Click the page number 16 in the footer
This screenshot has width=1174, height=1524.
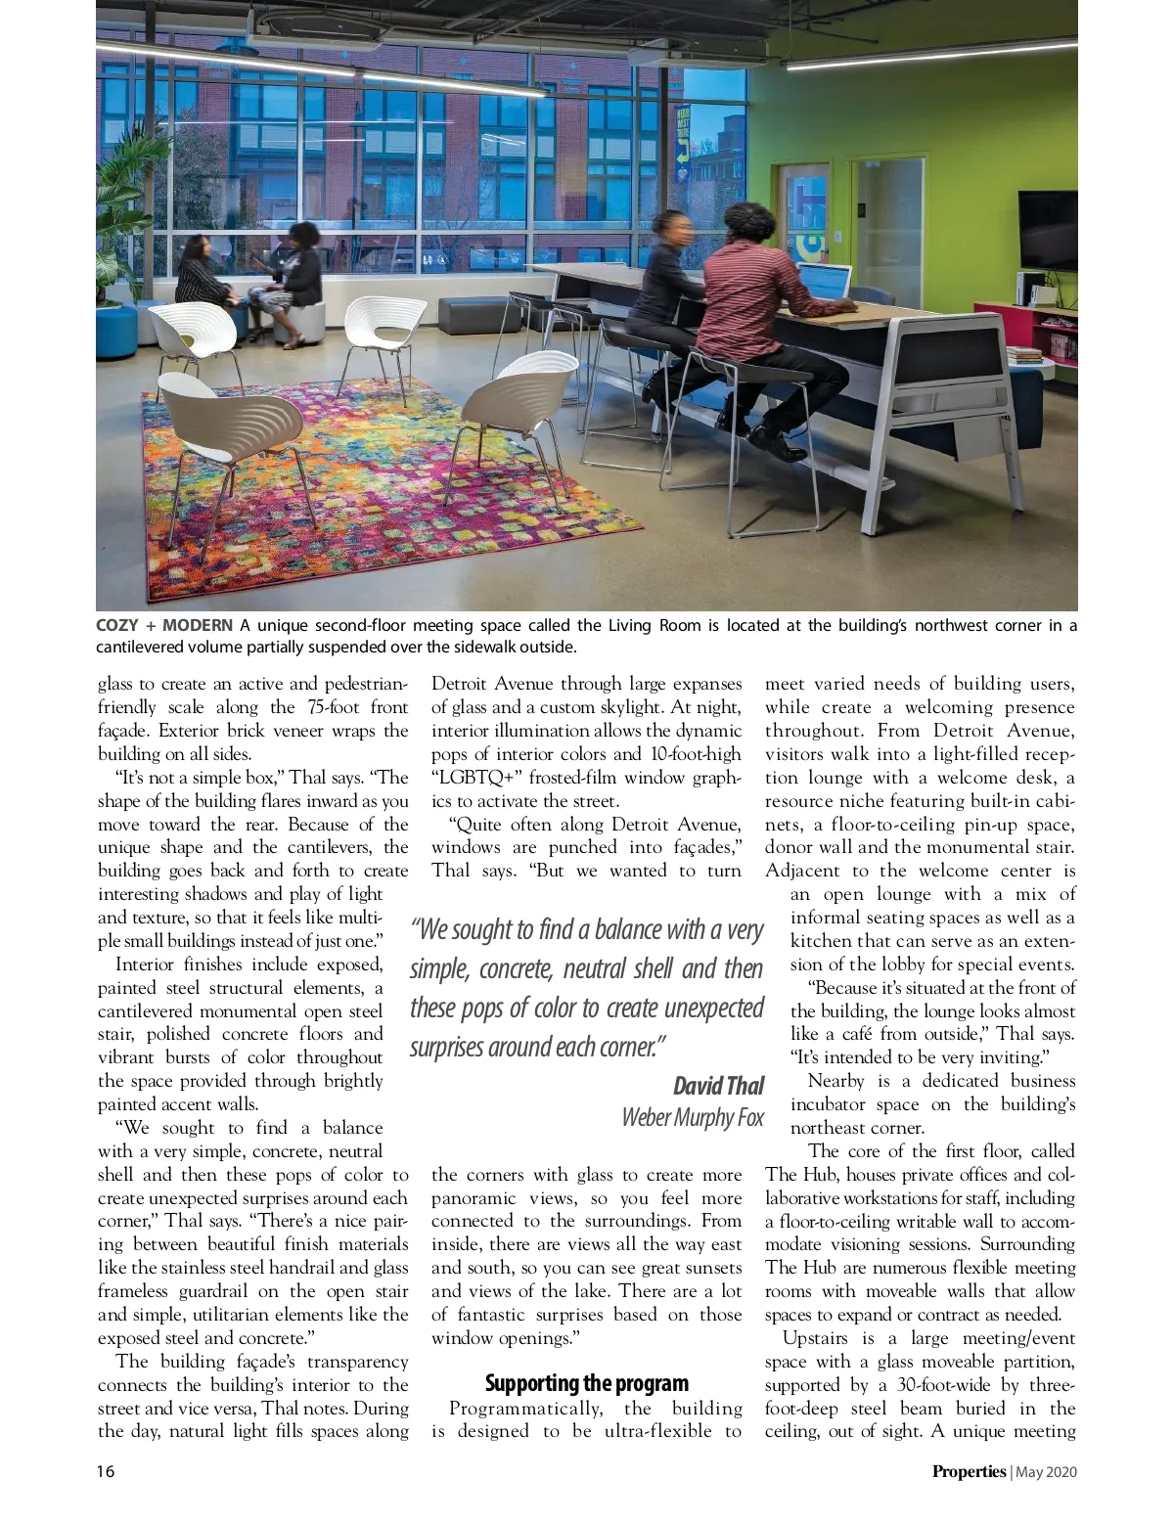click(105, 1471)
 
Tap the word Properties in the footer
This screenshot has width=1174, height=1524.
click(968, 1471)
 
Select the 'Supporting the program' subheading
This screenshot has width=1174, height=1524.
click(586, 1383)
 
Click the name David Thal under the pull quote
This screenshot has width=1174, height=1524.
click(718, 1086)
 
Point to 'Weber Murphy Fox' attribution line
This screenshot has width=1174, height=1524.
click(693, 1117)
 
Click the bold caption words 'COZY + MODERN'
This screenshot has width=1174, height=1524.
click(164, 625)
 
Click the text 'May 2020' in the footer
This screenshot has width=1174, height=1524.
click(1046, 1471)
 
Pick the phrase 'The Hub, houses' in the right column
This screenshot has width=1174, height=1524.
click(832, 1175)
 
